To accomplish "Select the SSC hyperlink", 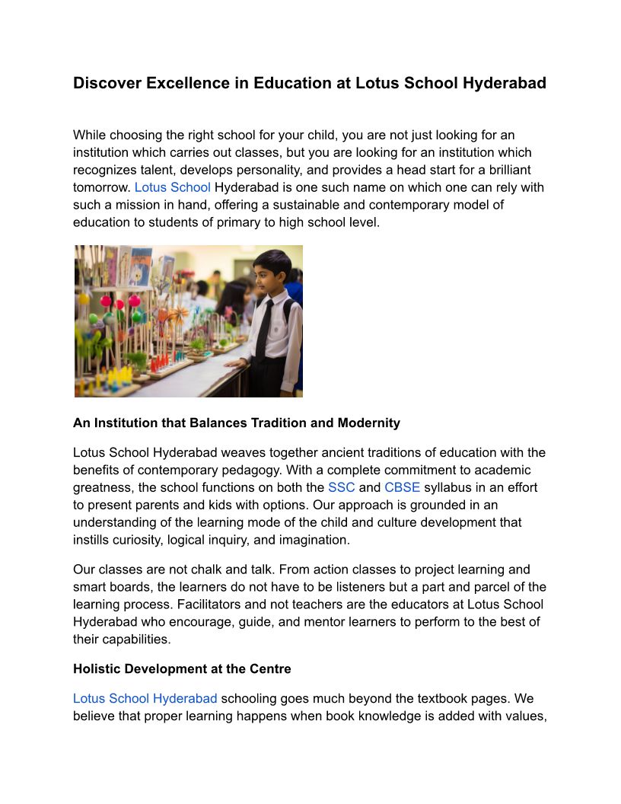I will coord(342,487).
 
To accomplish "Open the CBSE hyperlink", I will coord(402,487).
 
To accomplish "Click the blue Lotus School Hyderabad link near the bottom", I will coord(145,698).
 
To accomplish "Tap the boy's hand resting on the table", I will coord(232,363).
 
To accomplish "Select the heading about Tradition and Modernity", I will coord(236,423).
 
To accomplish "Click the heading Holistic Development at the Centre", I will coord(182,669).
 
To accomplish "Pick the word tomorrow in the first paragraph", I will coord(102,187).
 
